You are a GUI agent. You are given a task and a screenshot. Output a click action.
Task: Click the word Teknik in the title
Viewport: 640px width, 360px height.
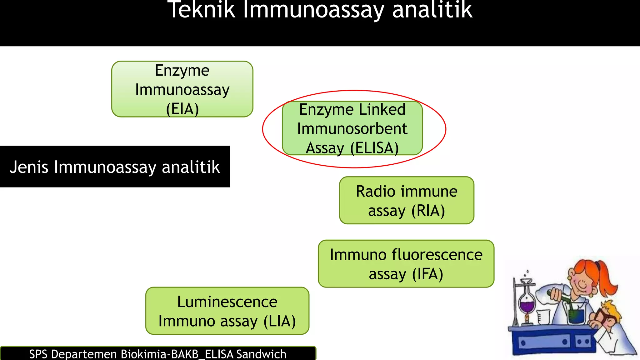tap(201, 10)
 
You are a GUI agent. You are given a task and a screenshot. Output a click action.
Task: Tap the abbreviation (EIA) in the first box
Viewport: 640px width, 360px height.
tap(182, 109)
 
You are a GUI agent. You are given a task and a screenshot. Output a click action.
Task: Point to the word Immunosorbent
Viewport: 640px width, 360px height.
tap(352, 129)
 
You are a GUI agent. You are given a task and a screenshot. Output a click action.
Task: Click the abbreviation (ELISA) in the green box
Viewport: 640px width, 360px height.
tap(374, 148)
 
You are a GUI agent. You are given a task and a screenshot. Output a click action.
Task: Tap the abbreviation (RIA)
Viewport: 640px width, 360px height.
tap(428, 211)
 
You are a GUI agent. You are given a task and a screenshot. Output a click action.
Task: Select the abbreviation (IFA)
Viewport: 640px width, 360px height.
tap(427, 274)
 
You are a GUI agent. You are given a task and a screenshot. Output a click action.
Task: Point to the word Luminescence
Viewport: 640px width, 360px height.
tap(227, 302)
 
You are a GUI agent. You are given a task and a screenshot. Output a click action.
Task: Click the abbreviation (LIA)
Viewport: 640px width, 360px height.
tap(280, 321)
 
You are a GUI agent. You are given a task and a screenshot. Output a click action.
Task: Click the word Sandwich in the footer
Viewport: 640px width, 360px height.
tap(261, 354)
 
